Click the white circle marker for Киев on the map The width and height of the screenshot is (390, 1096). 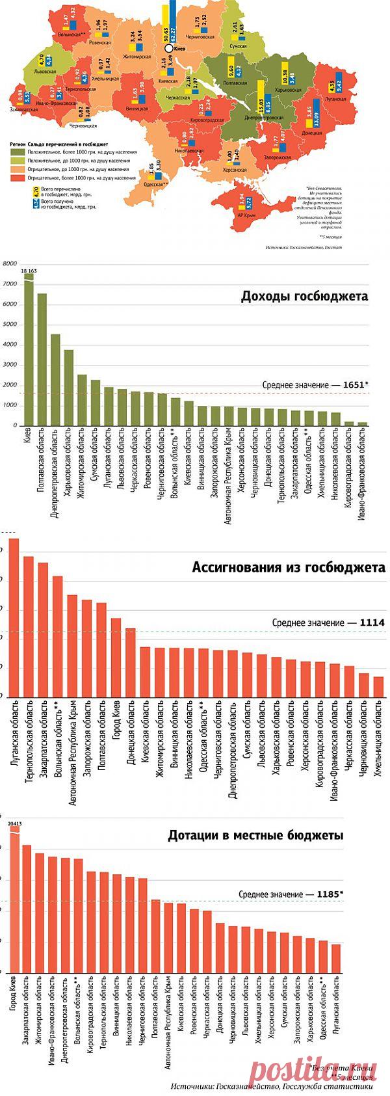[x=168, y=48]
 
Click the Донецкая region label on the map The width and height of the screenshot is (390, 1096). [x=311, y=133]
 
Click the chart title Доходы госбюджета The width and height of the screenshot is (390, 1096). [x=304, y=297]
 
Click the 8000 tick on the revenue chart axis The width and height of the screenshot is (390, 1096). [x=9, y=264]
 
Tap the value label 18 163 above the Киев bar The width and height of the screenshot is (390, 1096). [x=29, y=270]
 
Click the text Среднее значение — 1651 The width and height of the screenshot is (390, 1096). [x=315, y=385]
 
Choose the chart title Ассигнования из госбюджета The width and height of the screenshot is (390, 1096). [x=289, y=567]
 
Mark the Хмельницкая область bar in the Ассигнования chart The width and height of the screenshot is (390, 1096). [x=378, y=686]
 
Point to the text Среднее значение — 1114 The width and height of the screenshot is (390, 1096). [x=328, y=622]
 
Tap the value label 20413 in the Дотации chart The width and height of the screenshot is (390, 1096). [x=14, y=823]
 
